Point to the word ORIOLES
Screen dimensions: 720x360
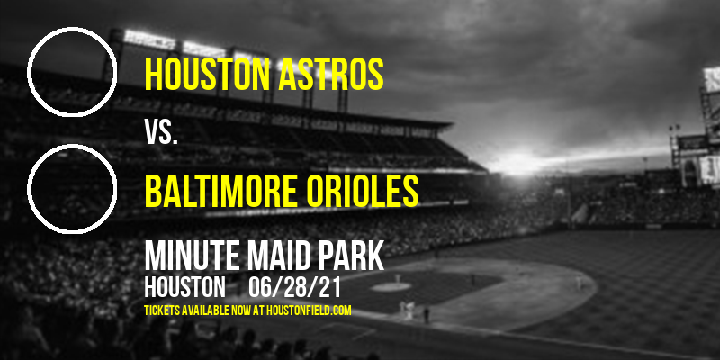click(x=363, y=191)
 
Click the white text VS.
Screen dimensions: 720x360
click(x=161, y=132)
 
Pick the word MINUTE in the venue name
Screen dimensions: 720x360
click(x=191, y=256)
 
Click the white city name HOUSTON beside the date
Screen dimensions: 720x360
click(x=184, y=287)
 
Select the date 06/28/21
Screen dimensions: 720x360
click(x=294, y=287)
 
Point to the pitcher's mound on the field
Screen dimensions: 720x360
click(x=391, y=286)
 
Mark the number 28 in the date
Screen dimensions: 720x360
click(x=294, y=287)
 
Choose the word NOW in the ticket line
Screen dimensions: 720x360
click(x=242, y=310)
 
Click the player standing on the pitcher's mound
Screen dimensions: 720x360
click(x=398, y=279)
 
